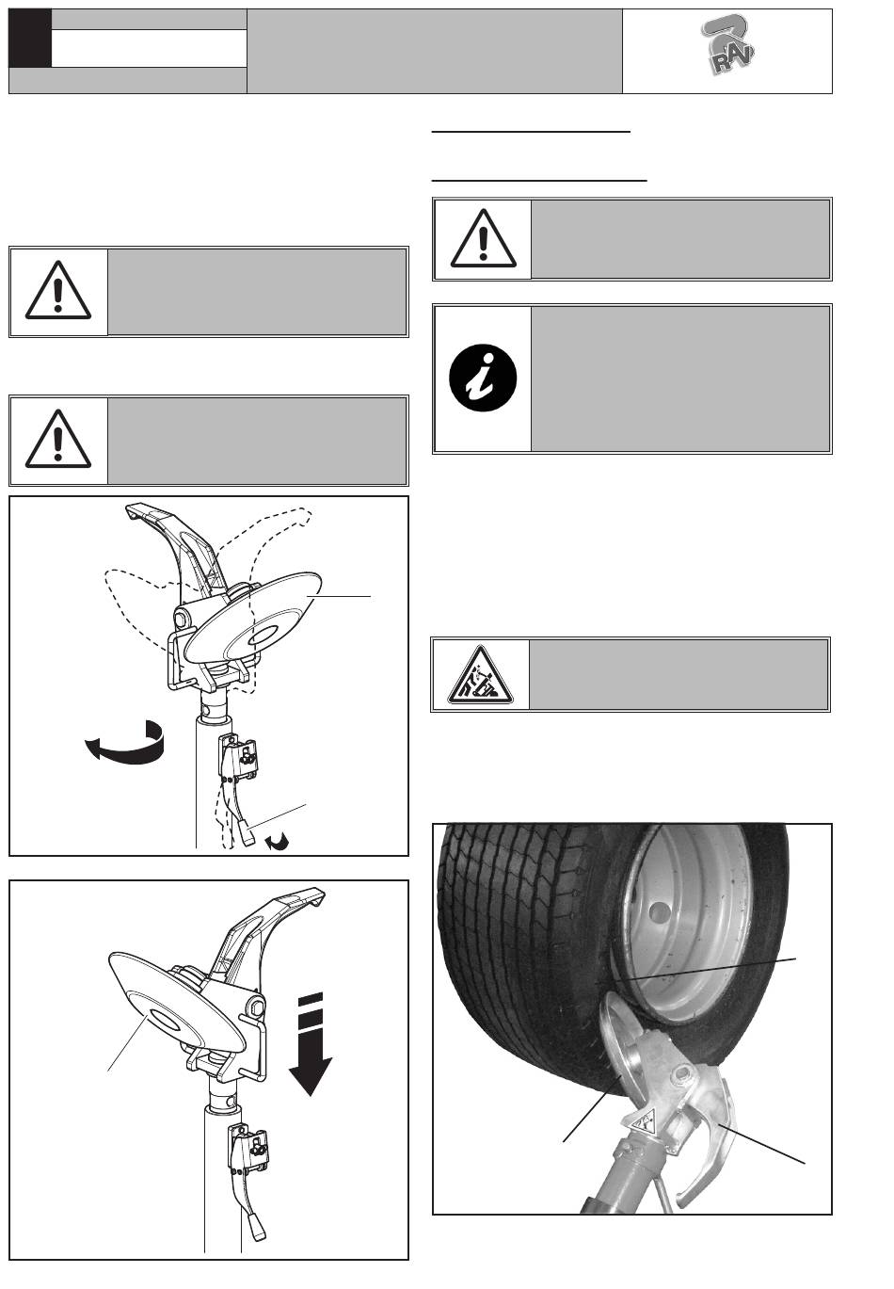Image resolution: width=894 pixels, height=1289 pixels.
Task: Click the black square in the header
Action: pos(30,38)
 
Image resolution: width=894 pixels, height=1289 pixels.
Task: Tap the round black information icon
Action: pos(483,378)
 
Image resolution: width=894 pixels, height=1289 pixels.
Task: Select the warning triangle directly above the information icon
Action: pos(484,238)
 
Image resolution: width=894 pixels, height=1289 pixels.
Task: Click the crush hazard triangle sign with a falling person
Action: pos(480,676)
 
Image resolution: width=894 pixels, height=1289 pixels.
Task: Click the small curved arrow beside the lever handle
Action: pos(278,842)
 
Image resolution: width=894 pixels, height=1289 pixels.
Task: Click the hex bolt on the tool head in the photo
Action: pos(685,1072)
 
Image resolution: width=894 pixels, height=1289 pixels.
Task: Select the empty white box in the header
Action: pos(149,48)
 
